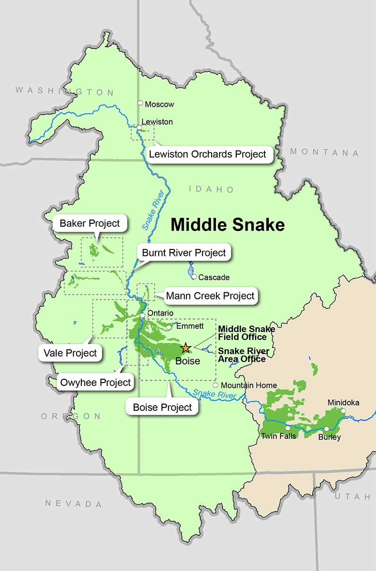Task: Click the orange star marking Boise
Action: click(x=186, y=348)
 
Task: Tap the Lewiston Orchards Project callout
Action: click(x=208, y=154)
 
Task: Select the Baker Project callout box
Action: click(x=90, y=223)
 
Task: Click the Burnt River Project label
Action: click(x=184, y=253)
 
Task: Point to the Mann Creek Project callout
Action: click(x=210, y=296)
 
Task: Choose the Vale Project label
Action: click(x=70, y=352)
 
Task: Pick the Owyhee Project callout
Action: click(x=95, y=382)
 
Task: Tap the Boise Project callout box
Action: click(x=162, y=407)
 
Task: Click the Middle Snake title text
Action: click(x=227, y=225)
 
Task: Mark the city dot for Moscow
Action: click(x=140, y=103)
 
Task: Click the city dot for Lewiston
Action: click(x=139, y=127)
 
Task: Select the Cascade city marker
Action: click(x=194, y=277)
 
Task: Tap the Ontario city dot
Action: click(x=142, y=315)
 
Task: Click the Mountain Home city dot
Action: click(x=215, y=385)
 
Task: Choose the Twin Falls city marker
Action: click(x=288, y=428)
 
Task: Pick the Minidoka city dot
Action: click(x=343, y=411)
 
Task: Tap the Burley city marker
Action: click(x=326, y=429)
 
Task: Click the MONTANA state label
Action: click(x=324, y=153)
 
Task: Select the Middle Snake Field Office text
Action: click(x=246, y=333)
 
